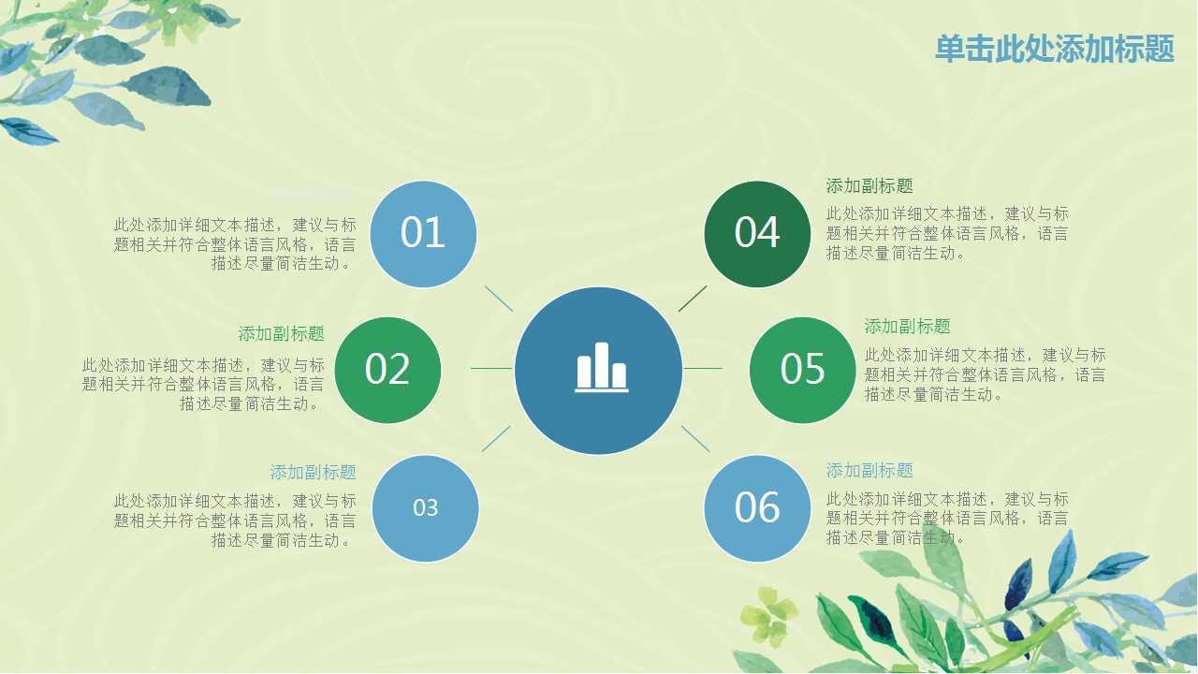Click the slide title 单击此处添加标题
coord(1054,49)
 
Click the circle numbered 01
coord(423,233)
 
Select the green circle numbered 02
coord(387,370)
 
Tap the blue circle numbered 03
coord(425,508)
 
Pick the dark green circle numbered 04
coord(757,233)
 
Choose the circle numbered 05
coord(802,370)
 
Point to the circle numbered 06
coord(757,508)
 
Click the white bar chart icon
coord(601,367)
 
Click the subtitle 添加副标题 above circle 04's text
coord(869,186)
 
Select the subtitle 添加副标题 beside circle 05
coord(907,327)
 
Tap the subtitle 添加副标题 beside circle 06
coord(869,471)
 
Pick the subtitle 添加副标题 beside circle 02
coord(281,334)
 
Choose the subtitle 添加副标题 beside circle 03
coord(313,473)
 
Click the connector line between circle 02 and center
coord(490,368)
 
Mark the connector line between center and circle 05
coord(703,368)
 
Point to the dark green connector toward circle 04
coord(693,299)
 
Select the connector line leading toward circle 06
coord(695,439)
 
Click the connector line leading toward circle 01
coord(499,299)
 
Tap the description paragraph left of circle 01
coord(235,244)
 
